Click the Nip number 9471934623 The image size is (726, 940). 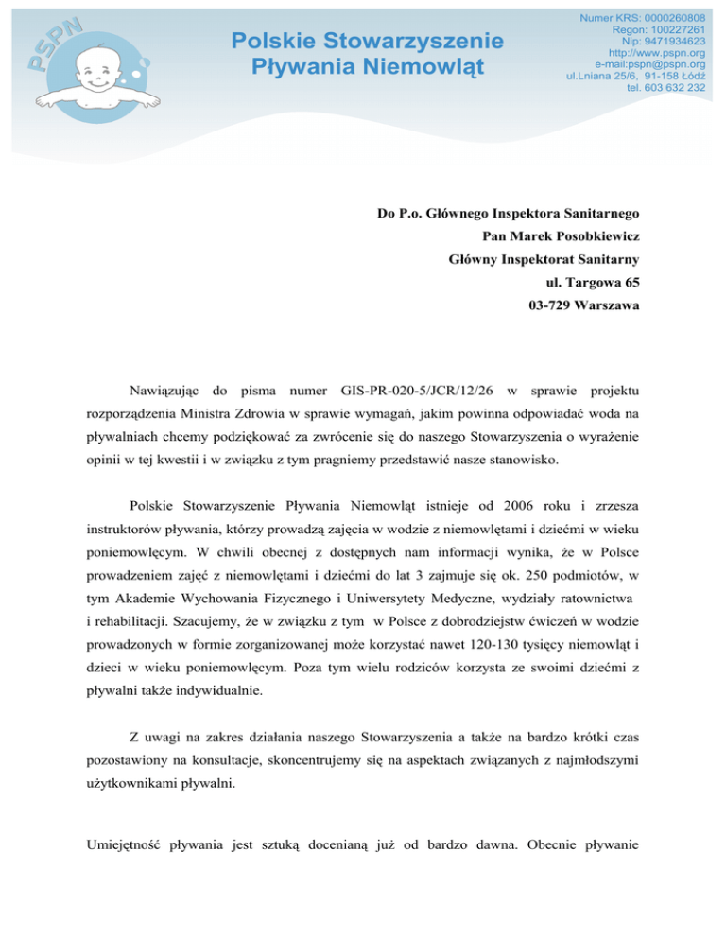pyautogui.click(x=677, y=42)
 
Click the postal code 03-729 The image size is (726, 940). pyautogui.click(x=554, y=306)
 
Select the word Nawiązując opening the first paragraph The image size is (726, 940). pyautogui.click(x=162, y=389)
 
